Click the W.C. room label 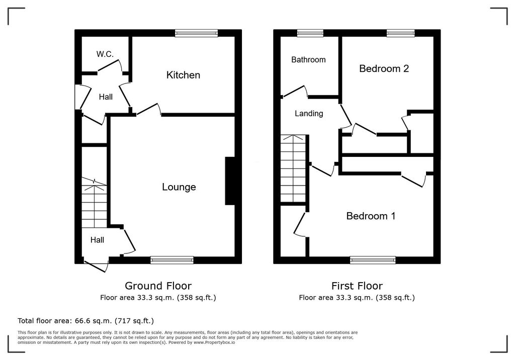(x=105, y=54)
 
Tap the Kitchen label (x=183, y=75)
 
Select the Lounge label (x=179, y=187)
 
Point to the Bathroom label (x=308, y=59)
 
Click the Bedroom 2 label (x=384, y=68)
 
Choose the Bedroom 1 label (x=371, y=216)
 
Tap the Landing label (x=309, y=114)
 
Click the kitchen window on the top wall (x=197, y=33)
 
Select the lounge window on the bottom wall (x=172, y=260)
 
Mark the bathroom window (x=310, y=33)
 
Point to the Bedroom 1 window (x=373, y=260)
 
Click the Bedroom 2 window (x=401, y=33)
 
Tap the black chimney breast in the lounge (x=230, y=181)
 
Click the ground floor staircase (x=94, y=203)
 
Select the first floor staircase (x=293, y=168)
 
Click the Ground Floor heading (x=158, y=286)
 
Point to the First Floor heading (x=357, y=286)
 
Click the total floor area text (x=85, y=321)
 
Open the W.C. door (x=110, y=66)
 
